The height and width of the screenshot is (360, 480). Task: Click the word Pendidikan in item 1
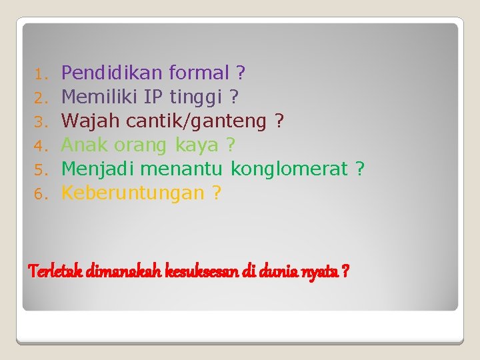point(113,72)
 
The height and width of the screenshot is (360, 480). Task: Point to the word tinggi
point(196,98)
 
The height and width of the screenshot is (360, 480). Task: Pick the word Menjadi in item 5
point(99,169)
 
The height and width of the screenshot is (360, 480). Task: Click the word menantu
point(185,169)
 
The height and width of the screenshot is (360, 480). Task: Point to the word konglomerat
point(289,169)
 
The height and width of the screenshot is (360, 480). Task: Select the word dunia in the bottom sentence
point(281,271)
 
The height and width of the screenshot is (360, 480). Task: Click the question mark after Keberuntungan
point(216,193)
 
